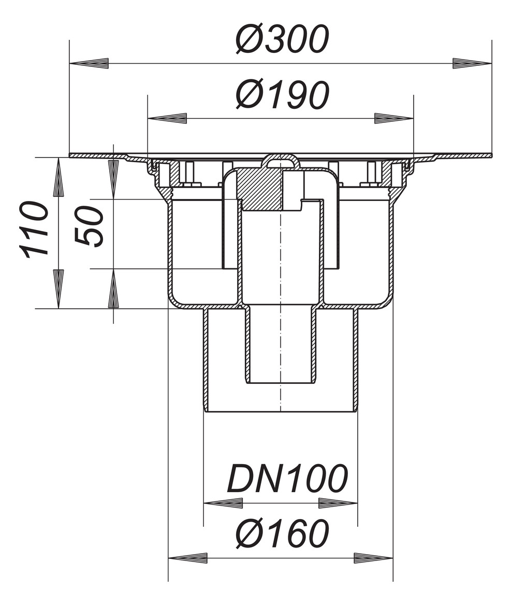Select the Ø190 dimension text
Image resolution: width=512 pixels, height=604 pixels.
tap(282, 95)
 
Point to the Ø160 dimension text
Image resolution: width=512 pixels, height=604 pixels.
tap(282, 534)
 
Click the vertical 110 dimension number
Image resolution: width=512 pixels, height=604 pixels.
tap(35, 229)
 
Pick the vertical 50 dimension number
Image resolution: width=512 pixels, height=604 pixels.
tap(90, 226)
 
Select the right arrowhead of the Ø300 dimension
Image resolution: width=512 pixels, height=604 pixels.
tap(472, 64)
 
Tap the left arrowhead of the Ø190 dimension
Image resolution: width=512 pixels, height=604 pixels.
tap(167, 119)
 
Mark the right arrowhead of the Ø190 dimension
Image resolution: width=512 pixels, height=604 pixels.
tap(393, 119)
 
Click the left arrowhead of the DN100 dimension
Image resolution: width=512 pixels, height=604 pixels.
tap(223, 503)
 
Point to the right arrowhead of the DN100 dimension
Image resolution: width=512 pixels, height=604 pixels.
tap(338, 503)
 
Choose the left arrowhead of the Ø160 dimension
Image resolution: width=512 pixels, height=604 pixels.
tap(188, 558)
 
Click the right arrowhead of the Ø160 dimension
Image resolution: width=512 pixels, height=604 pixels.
tap(373, 558)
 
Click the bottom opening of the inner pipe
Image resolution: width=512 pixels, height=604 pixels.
tap(280, 382)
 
